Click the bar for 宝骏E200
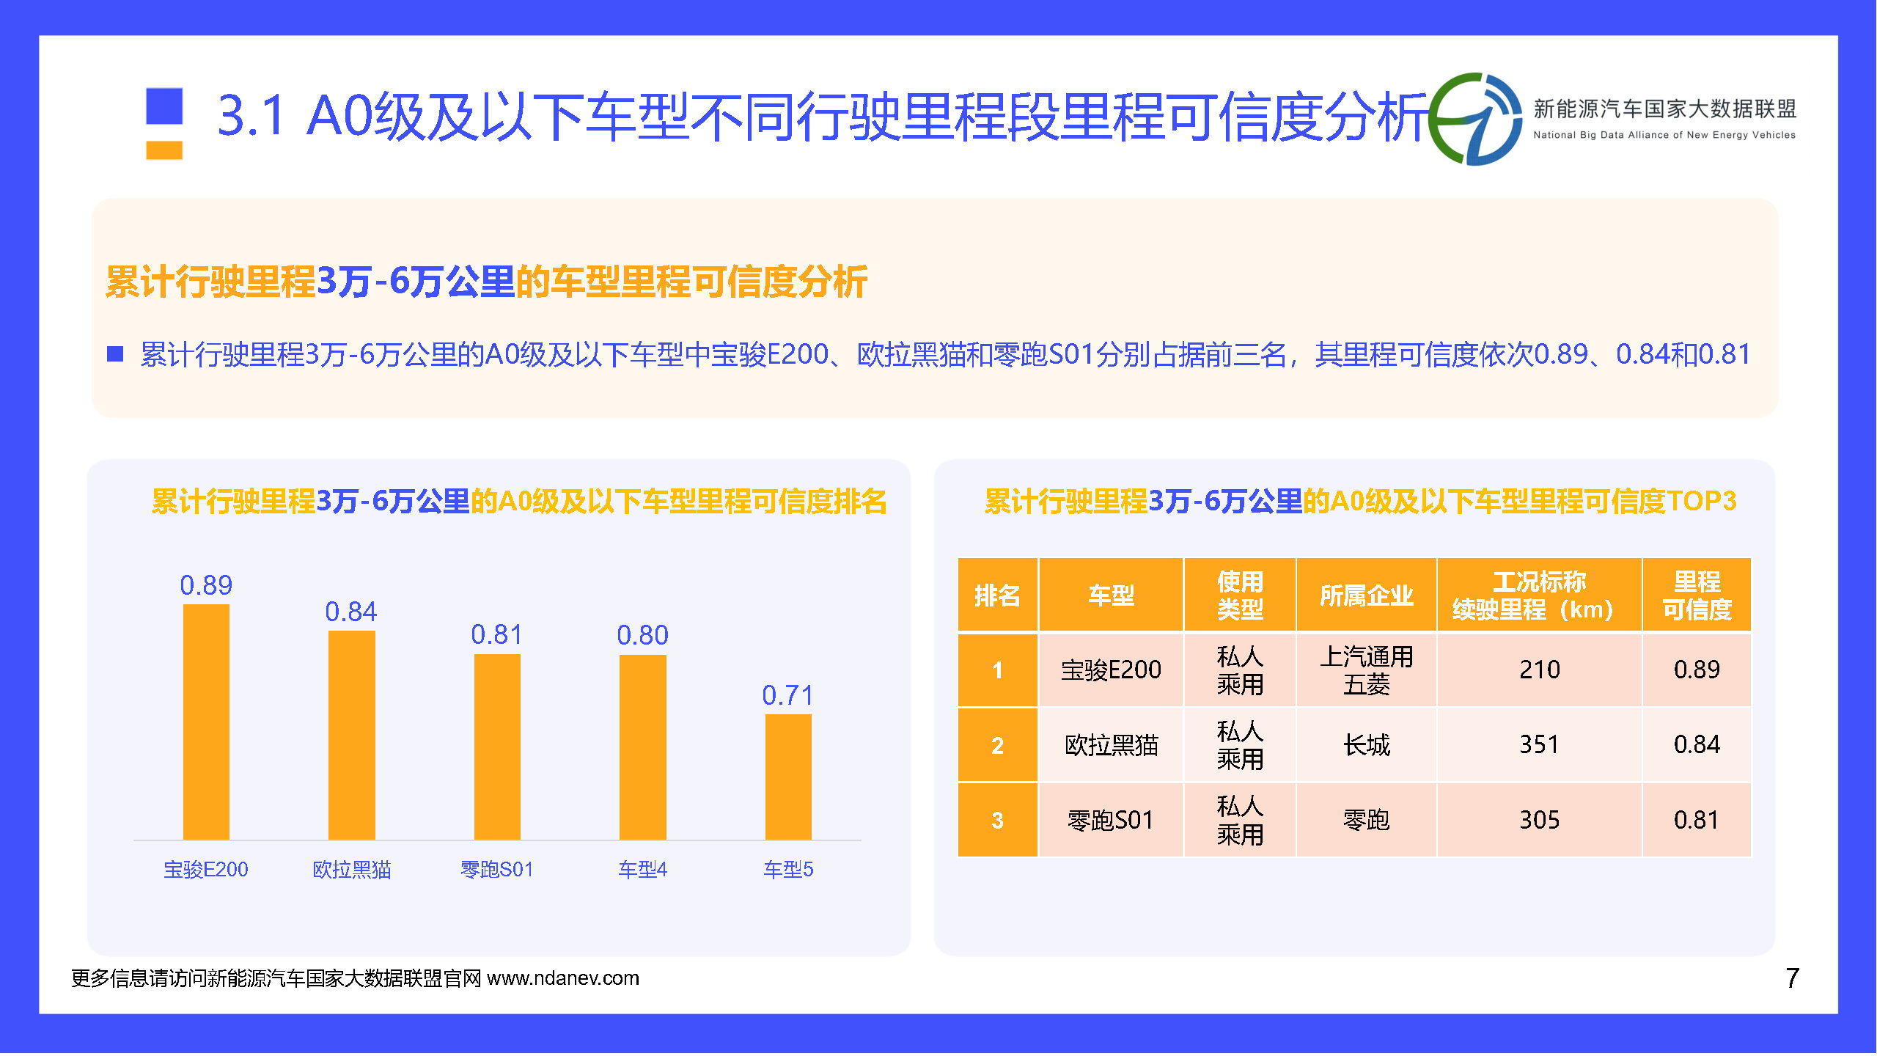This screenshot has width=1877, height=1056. (x=206, y=722)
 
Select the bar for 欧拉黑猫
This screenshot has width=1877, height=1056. (x=351, y=735)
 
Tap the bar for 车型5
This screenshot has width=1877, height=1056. (x=788, y=777)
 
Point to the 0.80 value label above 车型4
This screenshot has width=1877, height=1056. (x=642, y=635)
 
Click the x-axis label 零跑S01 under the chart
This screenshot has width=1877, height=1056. (x=496, y=870)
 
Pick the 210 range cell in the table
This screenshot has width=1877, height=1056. (x=1539, y=670)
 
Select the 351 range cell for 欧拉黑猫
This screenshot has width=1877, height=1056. (x=1539, y=745)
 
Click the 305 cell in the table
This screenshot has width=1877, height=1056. (x=1539, y=820)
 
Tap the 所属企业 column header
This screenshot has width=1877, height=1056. (x=1366, y=595)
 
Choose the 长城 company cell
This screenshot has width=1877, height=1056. (x=1366, y=745)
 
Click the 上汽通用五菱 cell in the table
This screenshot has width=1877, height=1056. (x=1366, y=670)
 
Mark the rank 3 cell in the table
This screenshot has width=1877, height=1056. (x=997, y=820)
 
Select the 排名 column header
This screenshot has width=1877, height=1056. (x=997, y=595)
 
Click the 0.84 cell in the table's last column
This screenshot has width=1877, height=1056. (x=1697, y=745)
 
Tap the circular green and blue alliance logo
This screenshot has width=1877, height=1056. (x=1475, y=119)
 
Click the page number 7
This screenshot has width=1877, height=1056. (x=1792, y=978)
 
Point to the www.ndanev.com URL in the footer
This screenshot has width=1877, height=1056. (x=562, y=978)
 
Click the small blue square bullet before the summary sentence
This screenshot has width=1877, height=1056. (x=115, y=354)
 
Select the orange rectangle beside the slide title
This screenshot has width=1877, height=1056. (x=164, y=150)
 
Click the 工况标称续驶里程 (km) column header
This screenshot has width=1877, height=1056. (x=1539, y=595)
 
